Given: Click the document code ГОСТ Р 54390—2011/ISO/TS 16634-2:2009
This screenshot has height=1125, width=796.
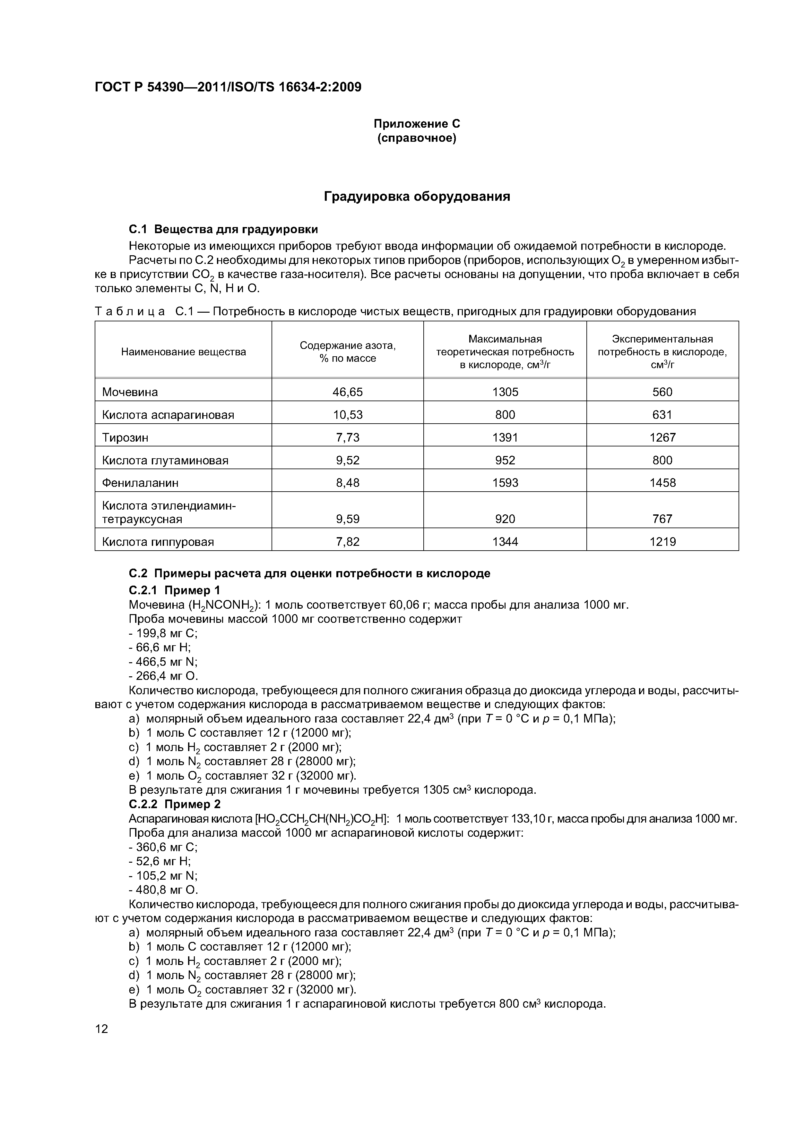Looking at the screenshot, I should click(228, 87).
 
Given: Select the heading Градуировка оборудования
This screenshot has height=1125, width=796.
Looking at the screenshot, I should click(417, 197).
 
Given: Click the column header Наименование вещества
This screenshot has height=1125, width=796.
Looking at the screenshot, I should click(183, 352).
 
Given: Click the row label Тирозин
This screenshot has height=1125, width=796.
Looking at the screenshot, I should click(125, 437).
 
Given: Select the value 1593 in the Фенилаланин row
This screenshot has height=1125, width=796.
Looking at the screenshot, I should click(505, 483).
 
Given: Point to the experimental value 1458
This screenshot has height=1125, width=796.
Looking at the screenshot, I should click(662, 483).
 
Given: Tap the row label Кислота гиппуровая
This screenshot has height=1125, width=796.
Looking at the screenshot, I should click(158, 542).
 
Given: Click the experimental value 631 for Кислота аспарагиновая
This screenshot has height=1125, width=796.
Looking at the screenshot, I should click(662, 415).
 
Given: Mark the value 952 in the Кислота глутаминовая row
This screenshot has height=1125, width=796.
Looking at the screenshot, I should click(505, 461).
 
